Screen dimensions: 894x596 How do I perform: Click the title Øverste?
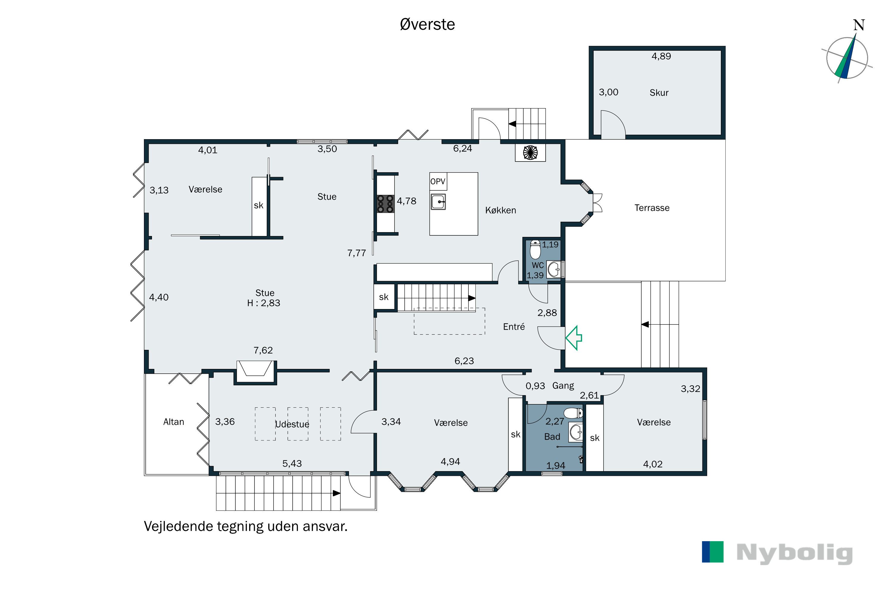(x=427, y=25)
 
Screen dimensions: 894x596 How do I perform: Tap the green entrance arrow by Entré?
(x=574, y=338)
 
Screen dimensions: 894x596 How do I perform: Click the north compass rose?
(x=847, y=57)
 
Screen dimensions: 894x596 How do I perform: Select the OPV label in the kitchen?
(x=437, y=182)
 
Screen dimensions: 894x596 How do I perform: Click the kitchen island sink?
(x=438, y=201)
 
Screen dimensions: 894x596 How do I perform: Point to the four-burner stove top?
(x=385, y=204)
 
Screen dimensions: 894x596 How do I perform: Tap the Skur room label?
(x=659, y=93)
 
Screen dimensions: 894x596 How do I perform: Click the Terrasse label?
(x=652, y=208)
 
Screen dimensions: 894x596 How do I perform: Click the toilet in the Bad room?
(x=573, y=413)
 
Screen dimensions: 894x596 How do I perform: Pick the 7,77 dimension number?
(x=356, y=253)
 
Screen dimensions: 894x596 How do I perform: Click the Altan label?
(x=174, y=422)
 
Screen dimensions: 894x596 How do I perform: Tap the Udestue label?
(x=292, y=424)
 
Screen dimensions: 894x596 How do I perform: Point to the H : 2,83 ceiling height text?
(x=264, y=303)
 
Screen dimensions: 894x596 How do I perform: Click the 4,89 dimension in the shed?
(x=661, y=56)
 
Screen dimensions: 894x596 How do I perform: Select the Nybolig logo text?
(x=795, y=553)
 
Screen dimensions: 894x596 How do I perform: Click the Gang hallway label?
(x=563, y=386)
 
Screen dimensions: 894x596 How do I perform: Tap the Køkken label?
(x=501, y=210)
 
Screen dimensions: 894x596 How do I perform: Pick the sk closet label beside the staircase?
(x=384, y=297)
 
